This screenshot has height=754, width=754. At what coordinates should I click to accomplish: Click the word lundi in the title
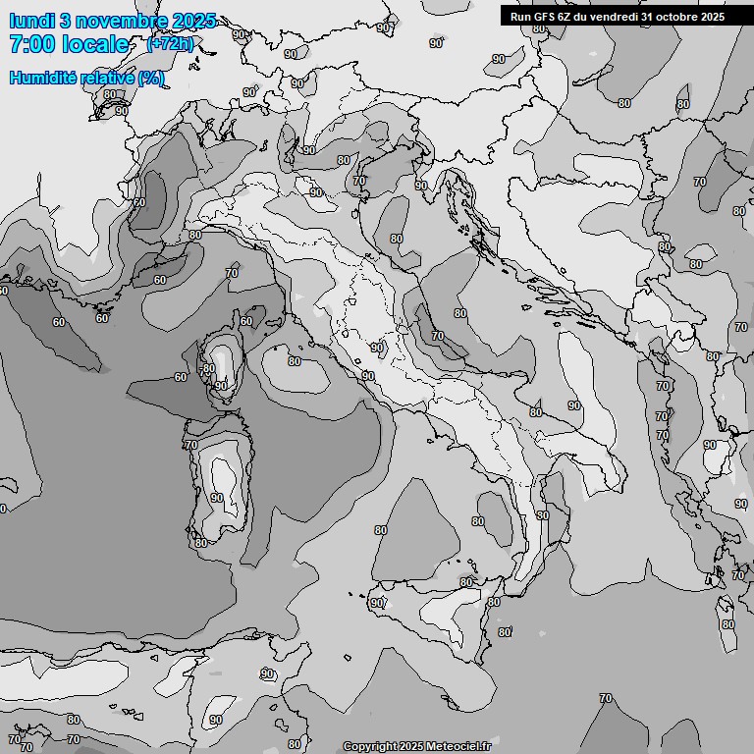[x=30, y=21]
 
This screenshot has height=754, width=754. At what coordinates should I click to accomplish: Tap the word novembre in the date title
[x=121, y=21]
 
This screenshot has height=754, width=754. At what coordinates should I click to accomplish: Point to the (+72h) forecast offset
[x=170, y=44]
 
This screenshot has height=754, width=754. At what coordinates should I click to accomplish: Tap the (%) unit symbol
[x=151, y=79]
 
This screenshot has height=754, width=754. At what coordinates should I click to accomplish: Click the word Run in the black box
[x=520, y=17]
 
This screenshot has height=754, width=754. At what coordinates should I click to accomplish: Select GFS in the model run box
[x=544, y=17]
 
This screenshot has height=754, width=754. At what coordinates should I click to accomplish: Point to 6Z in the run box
[x=565, y=17]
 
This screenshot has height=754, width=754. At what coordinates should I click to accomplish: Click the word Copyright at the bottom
[x=369, y=747]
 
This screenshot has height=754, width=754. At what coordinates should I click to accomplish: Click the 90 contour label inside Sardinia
[x=216, y=498]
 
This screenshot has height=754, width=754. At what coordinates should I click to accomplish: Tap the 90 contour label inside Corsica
[x=222, y=386]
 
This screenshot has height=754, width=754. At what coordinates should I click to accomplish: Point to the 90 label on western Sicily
[x=377, y=603]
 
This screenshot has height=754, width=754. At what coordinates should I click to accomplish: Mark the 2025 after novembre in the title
[x=192, y=21]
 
